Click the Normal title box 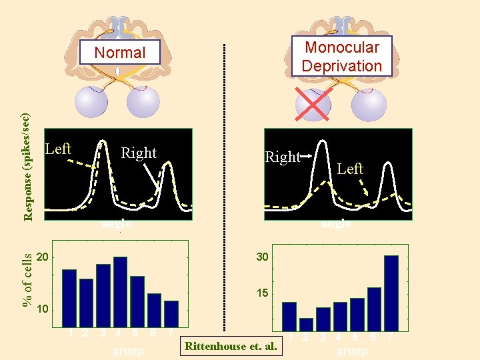point(121,53)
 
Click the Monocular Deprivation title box point(341,57)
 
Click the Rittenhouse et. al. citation point(230,346)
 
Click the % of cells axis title point(27,279)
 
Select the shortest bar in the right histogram point(306,324)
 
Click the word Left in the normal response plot point(58,149)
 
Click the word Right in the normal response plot point(139,153)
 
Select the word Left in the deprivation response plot point(350,169)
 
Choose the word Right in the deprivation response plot point(283,157)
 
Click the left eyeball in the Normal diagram point(90,103)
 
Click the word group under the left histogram point(128,351)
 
